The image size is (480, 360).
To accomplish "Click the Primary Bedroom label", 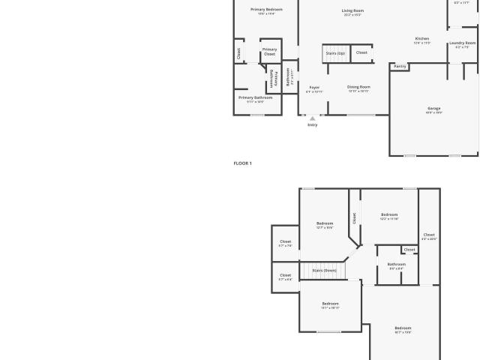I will (x=266, y=10).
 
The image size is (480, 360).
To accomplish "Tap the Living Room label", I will (x=352, y=11).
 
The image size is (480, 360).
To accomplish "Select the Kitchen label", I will (x=422, y=39).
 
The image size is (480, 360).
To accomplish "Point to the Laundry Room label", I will (x=463, y=43).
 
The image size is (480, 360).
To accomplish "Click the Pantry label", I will (x=400, y=67).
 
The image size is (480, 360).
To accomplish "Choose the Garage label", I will (x=434, y=109).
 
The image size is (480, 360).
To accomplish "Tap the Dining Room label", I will (x=358, y=88).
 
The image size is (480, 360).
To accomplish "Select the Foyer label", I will (x=314, y=88).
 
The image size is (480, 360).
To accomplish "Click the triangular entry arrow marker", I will (x=313, y=118).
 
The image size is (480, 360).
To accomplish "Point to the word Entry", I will (x=313, y=124).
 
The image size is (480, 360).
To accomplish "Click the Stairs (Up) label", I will (x=335, y=53).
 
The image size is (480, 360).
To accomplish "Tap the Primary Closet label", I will (x=269, y=51).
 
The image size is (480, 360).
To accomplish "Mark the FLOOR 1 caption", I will (x=242, y=163).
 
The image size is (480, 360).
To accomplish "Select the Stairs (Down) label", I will (x=324, y=270).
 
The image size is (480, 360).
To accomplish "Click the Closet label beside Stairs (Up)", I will (x=361, y=53).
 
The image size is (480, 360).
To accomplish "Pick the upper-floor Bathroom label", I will (x=396, y=265).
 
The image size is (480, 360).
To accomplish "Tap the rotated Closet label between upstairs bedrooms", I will (x=355, y=217).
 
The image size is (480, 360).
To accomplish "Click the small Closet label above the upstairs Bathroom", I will (x=409, y=250).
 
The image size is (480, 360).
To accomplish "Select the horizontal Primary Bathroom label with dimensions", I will (x=255, y=98).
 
